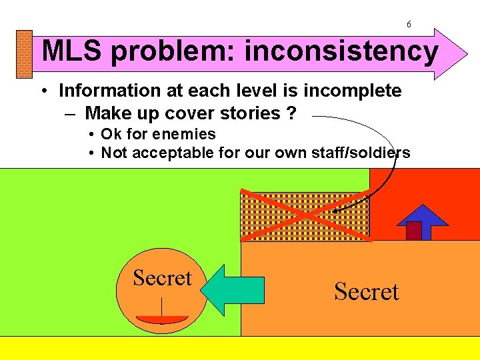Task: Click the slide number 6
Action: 409,25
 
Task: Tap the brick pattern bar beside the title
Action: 24,55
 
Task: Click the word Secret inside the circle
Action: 162,277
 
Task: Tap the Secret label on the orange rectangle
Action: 366,291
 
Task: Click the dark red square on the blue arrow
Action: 414,230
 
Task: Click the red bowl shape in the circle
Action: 162,319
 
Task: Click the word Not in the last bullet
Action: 112,153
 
